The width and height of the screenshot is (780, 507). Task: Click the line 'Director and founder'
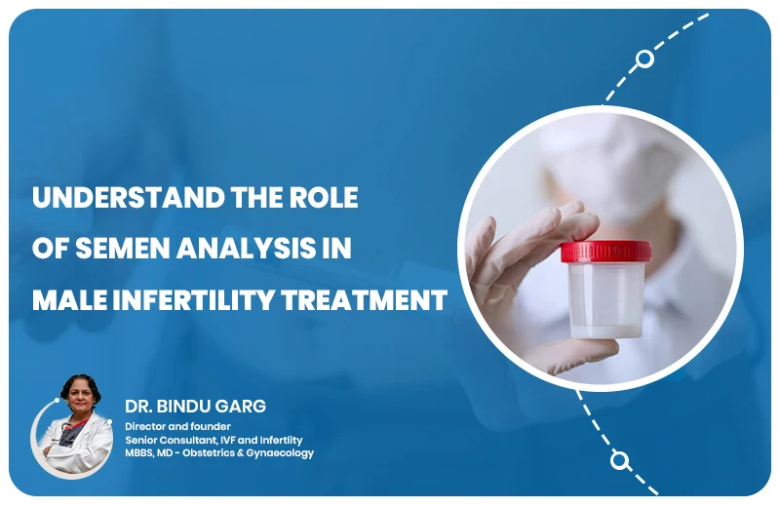click(x=175, y=426)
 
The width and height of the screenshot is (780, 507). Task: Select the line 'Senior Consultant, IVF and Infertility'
click(x=218, y=440)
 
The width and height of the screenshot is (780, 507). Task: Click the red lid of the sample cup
click(x=603, y=251)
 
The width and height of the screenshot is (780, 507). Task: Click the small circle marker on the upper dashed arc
click(x=644, y=58)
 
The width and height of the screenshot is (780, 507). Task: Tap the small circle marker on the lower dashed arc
click(x=618, y=458)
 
